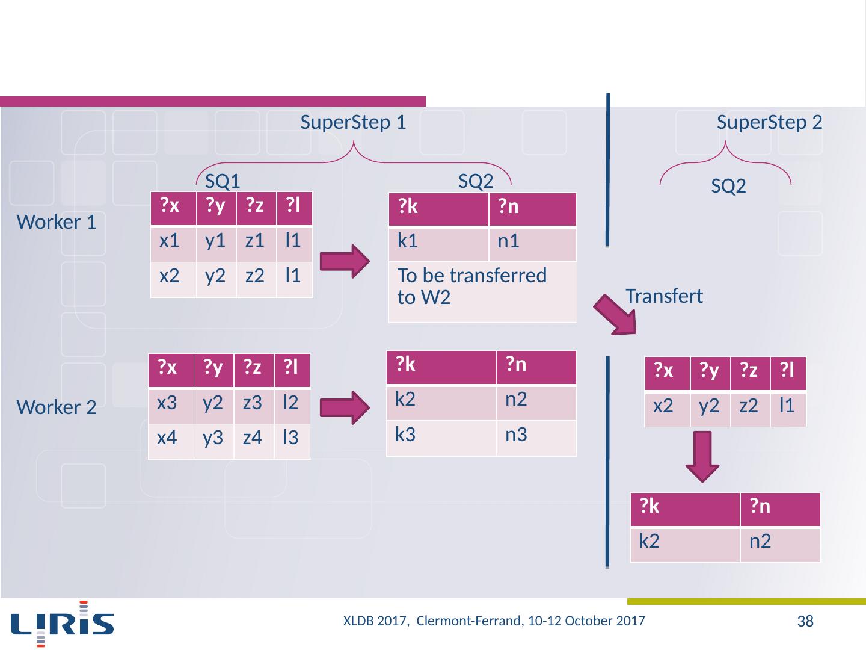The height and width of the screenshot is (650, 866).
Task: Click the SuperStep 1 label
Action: [x=353, y=123]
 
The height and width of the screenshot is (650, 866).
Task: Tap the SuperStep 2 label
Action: [x=769, y=123]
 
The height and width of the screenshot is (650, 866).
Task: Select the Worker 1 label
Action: [x=57, y=223]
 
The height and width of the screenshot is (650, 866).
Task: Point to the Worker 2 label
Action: [x=57, y=408]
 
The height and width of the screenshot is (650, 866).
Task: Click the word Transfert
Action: [x=664, y=296]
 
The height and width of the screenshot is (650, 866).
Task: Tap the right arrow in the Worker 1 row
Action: [x=345, y=261]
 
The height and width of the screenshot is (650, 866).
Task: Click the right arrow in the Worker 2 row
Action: [x=345, y=408]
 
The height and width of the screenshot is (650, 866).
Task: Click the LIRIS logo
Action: [x=63, y=624]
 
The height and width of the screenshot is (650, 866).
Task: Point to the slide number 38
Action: [x=805, y=622]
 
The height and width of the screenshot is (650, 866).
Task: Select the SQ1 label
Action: [x=223, y=181]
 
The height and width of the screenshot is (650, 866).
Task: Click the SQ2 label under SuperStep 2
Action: [x=728, y=187]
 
